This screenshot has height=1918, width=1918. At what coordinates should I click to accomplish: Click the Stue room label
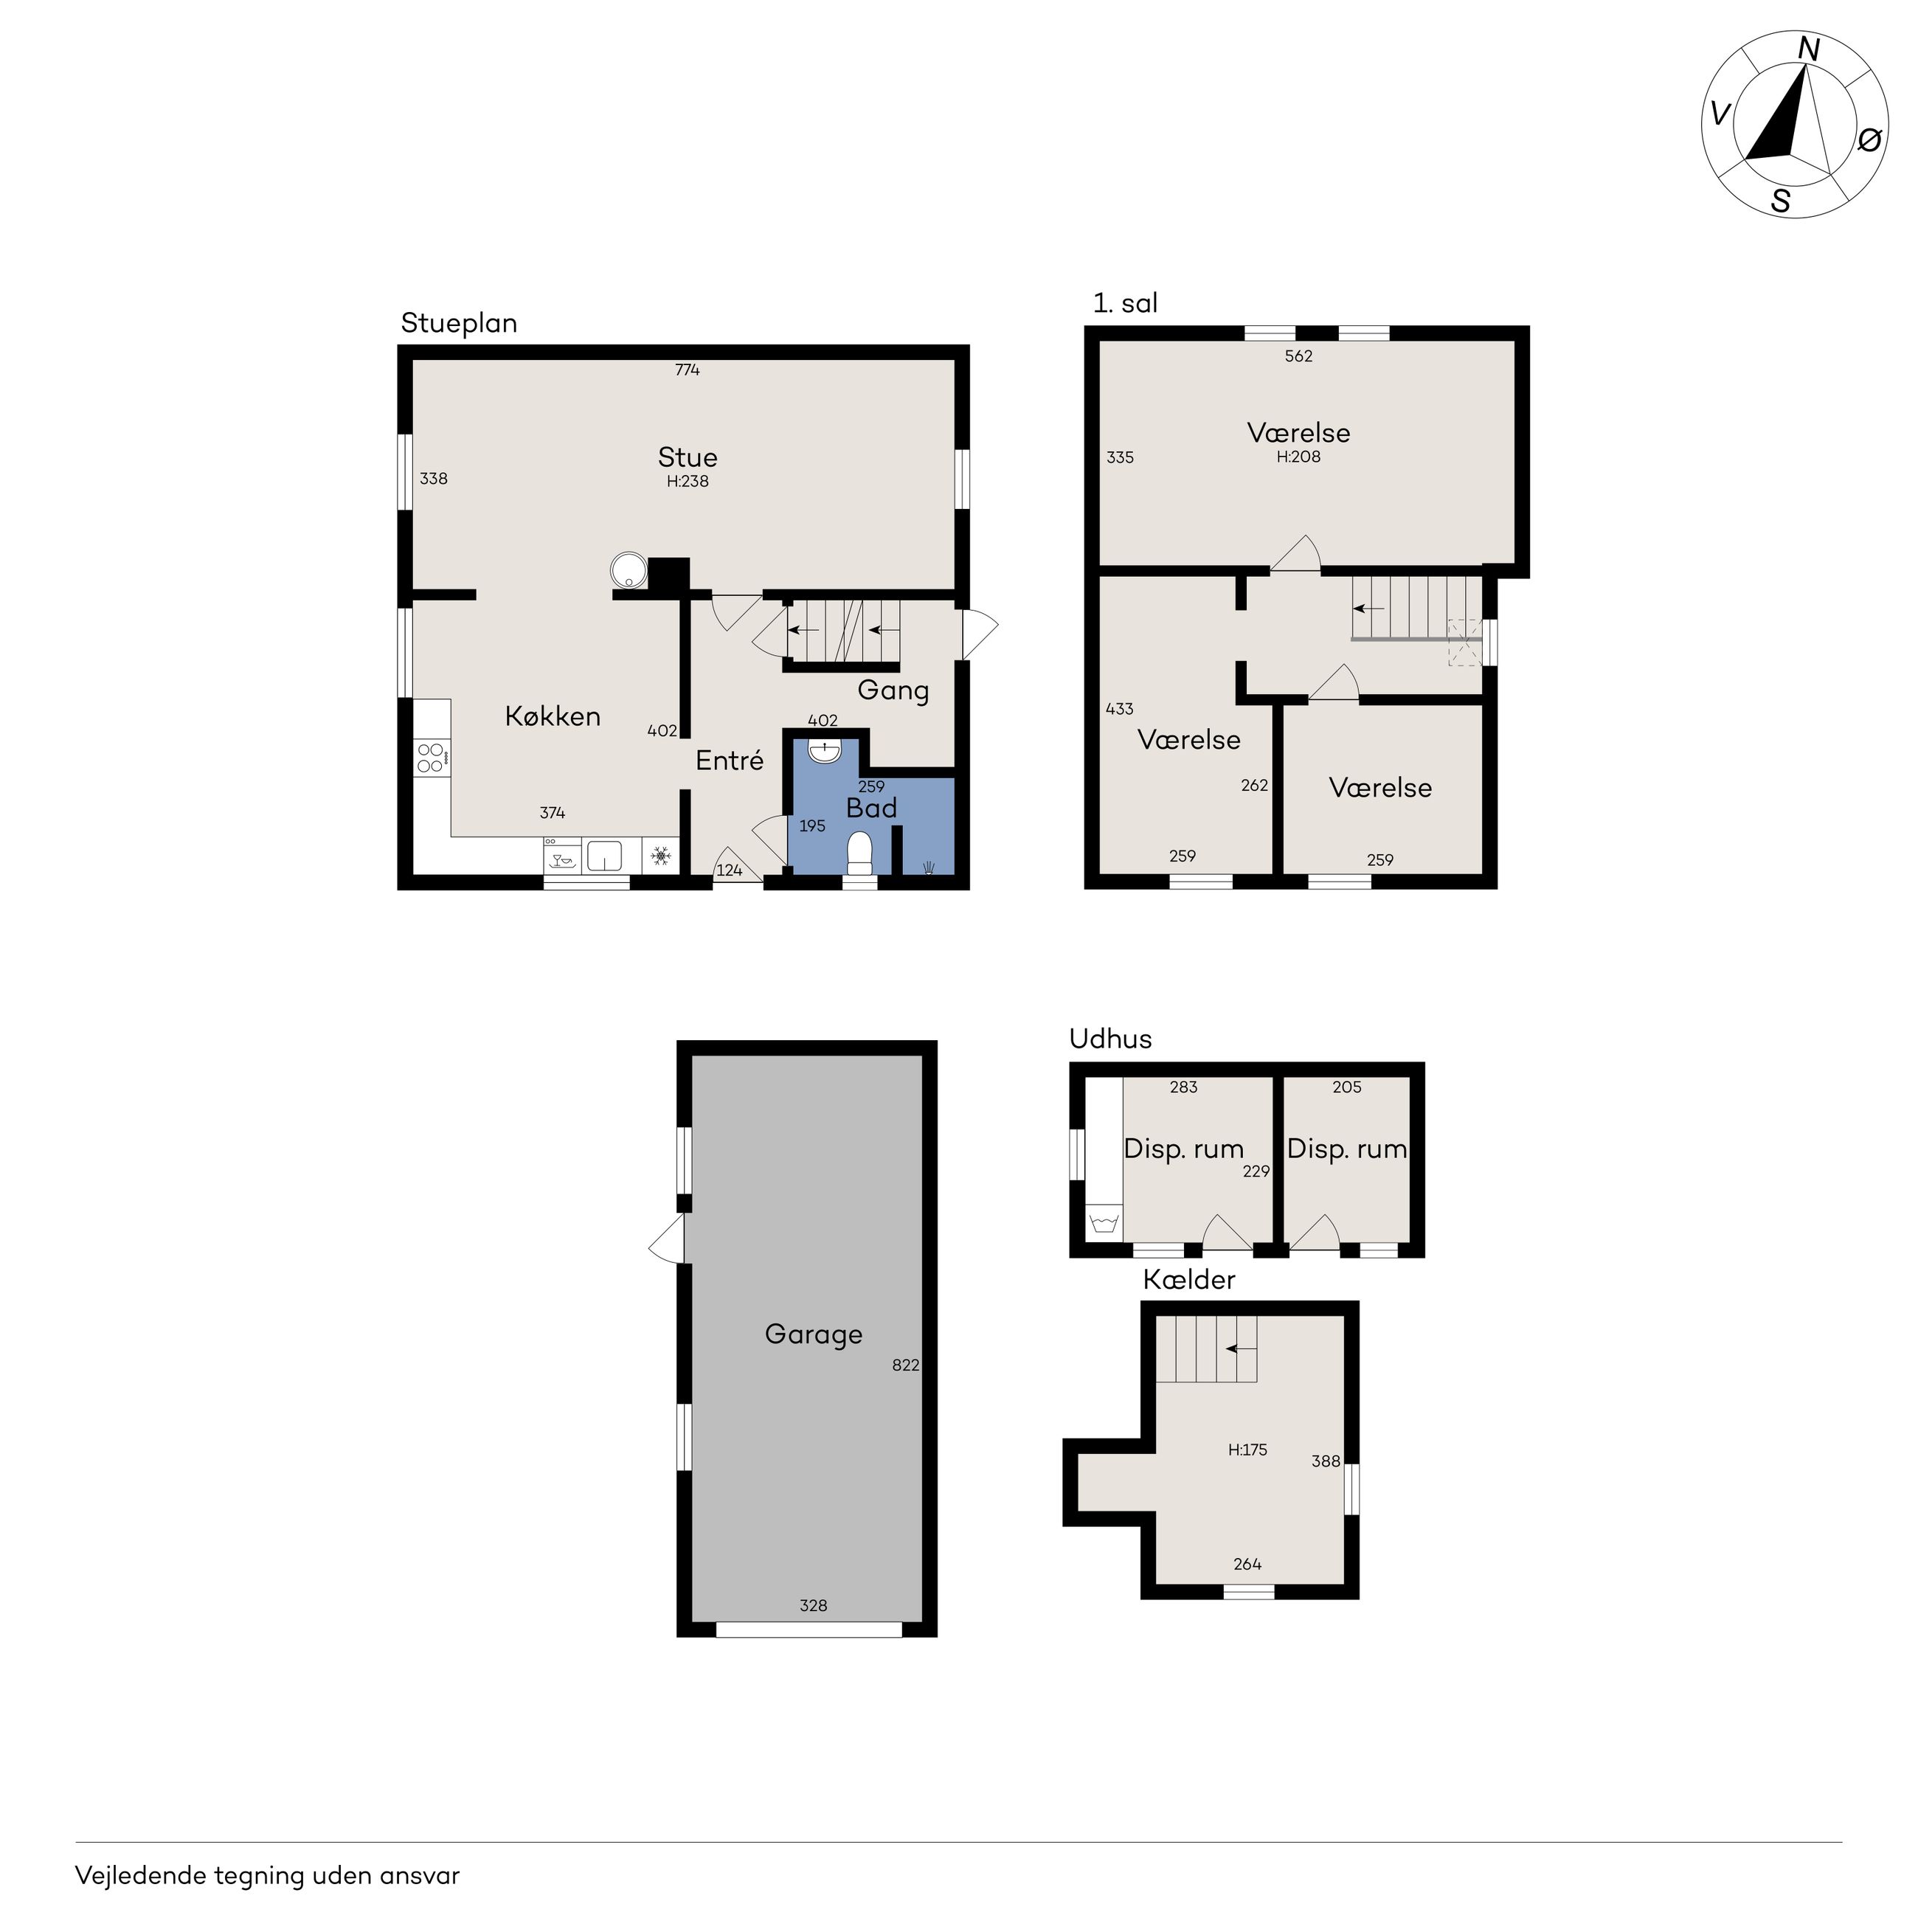pyautogui.click(x=687, y=457)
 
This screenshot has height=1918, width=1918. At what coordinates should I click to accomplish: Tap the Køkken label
pyautogui.click(x=553, y=716)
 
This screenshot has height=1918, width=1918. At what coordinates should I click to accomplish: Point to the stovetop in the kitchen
pyautogui.click(x=432, y=758)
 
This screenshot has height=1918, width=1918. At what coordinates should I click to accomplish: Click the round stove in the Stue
pyautogui.click(x=629, y=571)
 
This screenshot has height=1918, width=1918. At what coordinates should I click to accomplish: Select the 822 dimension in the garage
pyautogui.click(x=905, y=1365)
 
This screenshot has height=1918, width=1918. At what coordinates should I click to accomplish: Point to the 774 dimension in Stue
pyautogui.click(x=687, y=370)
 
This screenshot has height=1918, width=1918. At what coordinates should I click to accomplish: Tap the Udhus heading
pyautogui.click(x=1110, y=1039)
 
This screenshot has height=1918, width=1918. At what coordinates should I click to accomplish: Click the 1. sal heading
pyautogui.click(x=1125, y=302)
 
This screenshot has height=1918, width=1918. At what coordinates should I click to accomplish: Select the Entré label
pyautogui.click(x=730, y=761)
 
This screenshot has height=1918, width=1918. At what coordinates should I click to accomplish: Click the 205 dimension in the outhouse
pyautogui.click(x=1346, y=1087)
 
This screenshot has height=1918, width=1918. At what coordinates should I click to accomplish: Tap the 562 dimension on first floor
pyautogui.click(x=1298, y=356)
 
